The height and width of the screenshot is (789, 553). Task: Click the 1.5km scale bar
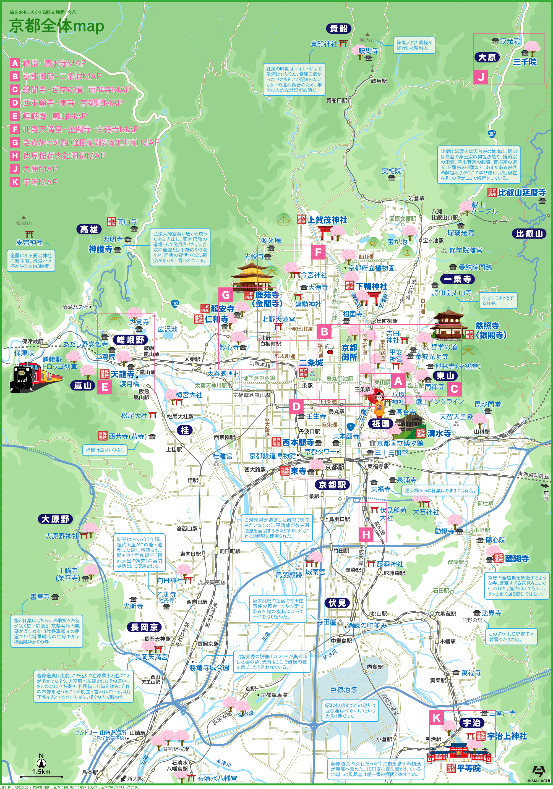click(41, 776)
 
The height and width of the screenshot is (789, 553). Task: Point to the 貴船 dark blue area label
click(338, 28)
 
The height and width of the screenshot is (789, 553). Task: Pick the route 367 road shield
click(492, 134)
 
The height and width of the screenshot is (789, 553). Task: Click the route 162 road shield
click(175, 303)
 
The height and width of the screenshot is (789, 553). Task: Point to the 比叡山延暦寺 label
click(522, 192)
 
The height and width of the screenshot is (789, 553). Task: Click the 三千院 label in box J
click(525, 62)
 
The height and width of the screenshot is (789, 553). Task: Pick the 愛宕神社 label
click(29, 243)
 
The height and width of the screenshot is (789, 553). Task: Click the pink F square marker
click(318, 253)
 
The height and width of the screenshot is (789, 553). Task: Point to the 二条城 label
click(311, 363)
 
